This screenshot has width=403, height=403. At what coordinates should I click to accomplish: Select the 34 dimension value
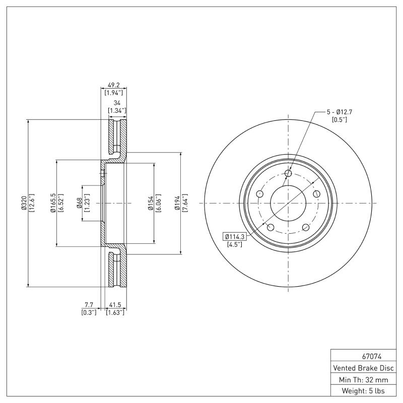pyautogui.click(x=117, y=103)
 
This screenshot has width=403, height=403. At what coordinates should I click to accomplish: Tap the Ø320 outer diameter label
pyautogui.click(x=24, y=203)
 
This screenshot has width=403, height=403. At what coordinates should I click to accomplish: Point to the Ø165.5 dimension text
pyautogui.click(x=53, y=203)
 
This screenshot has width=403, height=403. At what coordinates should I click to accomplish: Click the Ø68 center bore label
pyautogui.click(x=79, y=203)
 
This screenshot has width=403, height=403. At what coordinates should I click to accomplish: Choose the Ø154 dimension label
pyautogui.click(x=150, y=203)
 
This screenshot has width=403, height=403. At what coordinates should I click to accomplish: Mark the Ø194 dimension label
pyautogui.click(x=177, y=203)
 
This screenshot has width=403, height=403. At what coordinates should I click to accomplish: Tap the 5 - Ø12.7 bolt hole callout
pyautogui.click(x=339, y=111)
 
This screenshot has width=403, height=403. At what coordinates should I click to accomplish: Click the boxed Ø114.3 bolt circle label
pyautogui.click(x=234, y=236)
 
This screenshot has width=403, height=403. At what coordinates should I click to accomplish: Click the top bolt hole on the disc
pyautogui.click(x=288, y=174)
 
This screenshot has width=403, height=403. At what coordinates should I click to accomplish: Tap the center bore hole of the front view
pyautogui.click(x=288, y=203)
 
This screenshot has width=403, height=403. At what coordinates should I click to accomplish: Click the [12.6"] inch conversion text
pyautogui.click(x=31, y=203)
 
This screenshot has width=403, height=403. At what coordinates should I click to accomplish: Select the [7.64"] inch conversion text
pyautogui.click(x=185, y=203)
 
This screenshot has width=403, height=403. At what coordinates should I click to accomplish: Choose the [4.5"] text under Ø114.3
pyautogui.click(x=234, y=244)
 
